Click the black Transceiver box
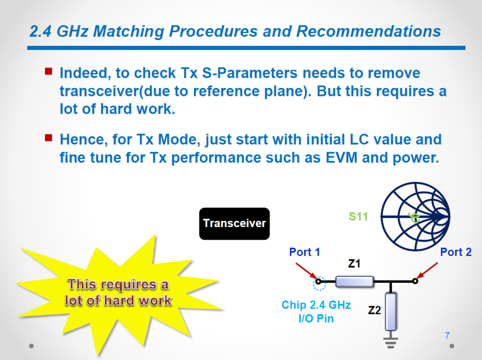(234, 223)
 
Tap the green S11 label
(358, 216)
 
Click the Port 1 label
(305, 252)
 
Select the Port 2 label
(456, 252)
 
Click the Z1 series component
(354, 281)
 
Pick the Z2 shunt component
(391, 311)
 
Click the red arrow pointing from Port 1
(306, 271)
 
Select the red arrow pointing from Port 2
(427, 270)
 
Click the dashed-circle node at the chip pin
(319, 281)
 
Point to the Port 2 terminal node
(416, 281)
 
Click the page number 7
(447, 335)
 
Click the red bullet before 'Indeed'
(49, 71)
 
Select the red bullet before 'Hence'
(49, 137)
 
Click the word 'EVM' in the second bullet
(341, 157)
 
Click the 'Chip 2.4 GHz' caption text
(316, 305)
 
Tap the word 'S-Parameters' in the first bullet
(249, 73)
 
